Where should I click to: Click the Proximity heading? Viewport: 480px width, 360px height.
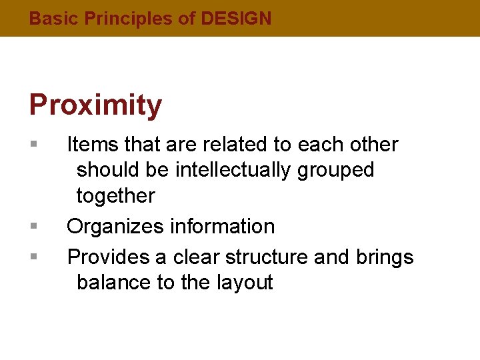pyautogui.click(x=95, y=105)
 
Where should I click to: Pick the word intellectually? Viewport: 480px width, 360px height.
pyautogui.click(x=233, y=171)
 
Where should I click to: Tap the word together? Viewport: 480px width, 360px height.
pyautogui.click(x=115, y=196)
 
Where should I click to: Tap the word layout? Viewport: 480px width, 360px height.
pyautogui.click(x=245, y=283)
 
